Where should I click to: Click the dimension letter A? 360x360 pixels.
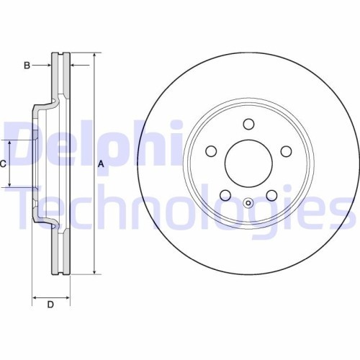click(102, 164)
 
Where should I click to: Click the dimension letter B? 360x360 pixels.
click(27, 66)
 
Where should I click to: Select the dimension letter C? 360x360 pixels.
click(3, 164)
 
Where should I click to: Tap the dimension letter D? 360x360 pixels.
click(50, 304)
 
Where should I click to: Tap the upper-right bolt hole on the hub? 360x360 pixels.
click(285, 151)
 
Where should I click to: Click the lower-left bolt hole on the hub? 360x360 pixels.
click(225, 194)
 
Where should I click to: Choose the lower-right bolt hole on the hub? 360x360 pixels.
click(271, 194)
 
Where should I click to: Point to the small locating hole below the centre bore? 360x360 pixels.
click(248, 202)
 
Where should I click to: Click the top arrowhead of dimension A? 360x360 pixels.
click(94, 55)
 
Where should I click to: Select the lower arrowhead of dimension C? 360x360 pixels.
click(10, 185)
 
